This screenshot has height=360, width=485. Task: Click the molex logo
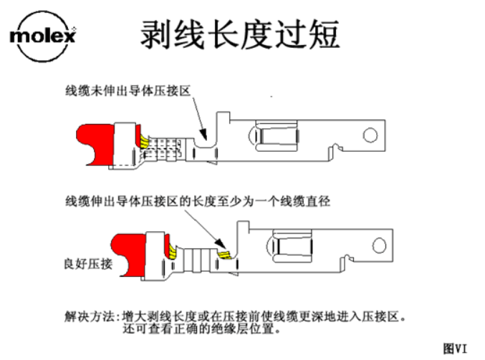(x=42, y=34)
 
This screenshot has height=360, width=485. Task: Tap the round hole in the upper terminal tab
(x=370, y=134)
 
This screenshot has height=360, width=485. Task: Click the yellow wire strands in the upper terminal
(x=143, y=140)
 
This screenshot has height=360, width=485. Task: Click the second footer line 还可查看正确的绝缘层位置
(x=200, y=330)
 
